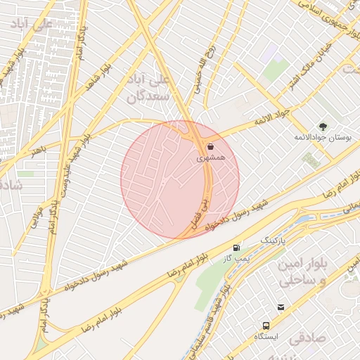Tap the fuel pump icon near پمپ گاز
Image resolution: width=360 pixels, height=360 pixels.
(x=236, y=248)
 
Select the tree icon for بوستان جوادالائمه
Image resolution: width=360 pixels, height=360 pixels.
(x=323, y=127)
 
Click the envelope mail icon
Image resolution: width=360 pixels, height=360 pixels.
(x=281, y=307)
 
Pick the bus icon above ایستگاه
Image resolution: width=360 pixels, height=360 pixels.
(x=266, y=326)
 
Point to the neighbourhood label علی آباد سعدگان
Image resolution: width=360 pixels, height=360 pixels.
(x=150, y=87)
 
